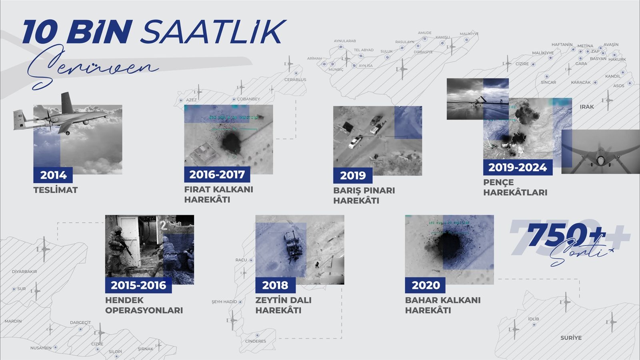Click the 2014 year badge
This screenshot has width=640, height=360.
tap(53, 175)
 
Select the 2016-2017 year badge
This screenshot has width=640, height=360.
tap(217, 174)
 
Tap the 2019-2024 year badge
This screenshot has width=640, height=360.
tap(518, 167)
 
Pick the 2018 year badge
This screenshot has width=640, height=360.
tap(275, 285)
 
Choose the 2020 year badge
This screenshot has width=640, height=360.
tap(426, 285)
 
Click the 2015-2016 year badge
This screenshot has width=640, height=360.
tap(138, 285)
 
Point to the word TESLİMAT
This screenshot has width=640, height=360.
tap(56, 190)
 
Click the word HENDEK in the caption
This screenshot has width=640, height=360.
tap(124, 300)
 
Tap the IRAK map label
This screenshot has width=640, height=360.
tap(586, 107)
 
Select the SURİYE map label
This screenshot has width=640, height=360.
tap(571, 338)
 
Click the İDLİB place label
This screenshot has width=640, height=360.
tap(533, 319)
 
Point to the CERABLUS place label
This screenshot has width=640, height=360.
tap(295, 80)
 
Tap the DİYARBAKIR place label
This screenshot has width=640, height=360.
tap(24, 272)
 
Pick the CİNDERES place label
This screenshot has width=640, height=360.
tap(256, 341)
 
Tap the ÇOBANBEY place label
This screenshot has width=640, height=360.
tap(248, 99)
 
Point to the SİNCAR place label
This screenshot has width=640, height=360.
tap(548, 82)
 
